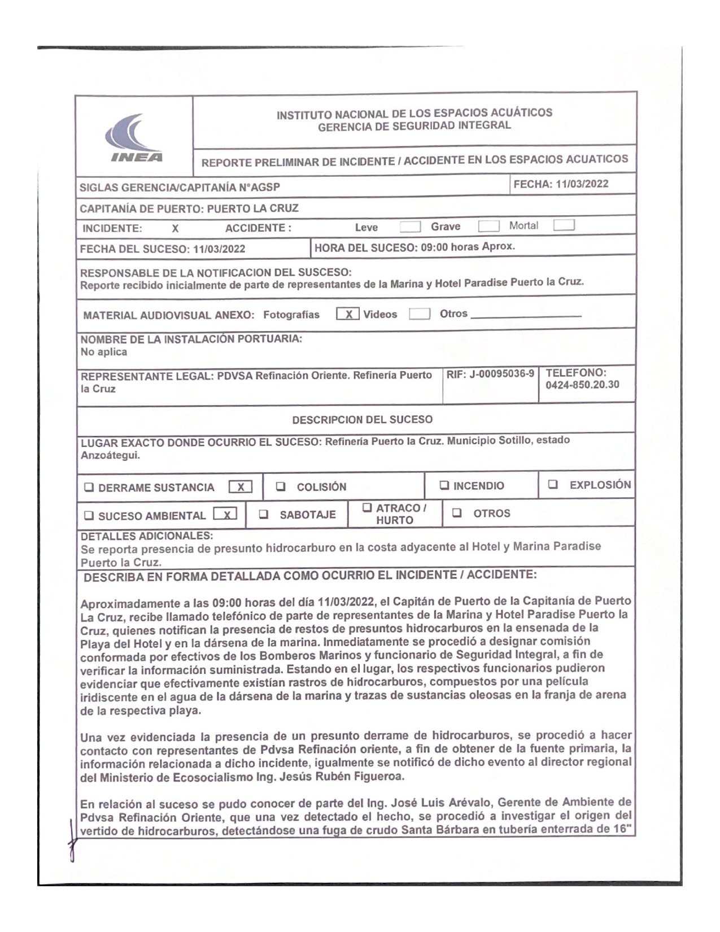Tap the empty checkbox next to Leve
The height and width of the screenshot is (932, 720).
(410, 227)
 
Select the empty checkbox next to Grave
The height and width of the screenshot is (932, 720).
(488, 226)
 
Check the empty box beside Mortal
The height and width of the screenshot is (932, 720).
(564, 225)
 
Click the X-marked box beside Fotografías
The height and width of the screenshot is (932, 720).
(347, 313)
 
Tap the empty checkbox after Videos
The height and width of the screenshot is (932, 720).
(420, 313)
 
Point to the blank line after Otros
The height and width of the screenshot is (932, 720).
(526, 316)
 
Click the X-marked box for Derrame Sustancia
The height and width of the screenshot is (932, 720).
(240, 487)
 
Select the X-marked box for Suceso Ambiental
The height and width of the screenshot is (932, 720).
(225, 514)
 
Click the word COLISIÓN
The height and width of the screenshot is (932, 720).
(321, 487)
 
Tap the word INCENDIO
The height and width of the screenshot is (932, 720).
(479, 486)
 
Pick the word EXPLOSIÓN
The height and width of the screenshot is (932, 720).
(600, 485)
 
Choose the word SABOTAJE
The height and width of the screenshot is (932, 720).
(307, 515)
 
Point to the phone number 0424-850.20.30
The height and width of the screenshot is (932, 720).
(582, 385)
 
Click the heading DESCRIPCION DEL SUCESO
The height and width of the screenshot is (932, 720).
(362, 420)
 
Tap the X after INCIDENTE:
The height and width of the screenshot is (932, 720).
(175, 229)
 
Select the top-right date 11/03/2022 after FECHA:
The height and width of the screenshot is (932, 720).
(582, 184)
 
